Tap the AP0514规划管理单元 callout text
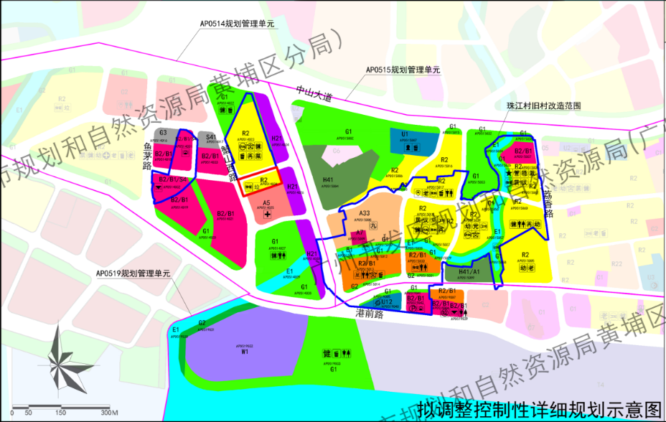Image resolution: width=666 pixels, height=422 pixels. [x=238, y=24]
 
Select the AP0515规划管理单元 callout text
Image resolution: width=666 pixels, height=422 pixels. [x=403, y=70]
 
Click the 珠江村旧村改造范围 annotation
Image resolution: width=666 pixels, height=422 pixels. [x=543, y=105]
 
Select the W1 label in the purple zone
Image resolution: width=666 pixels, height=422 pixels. [x=245, y=352]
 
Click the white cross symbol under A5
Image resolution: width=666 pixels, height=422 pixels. [x=266, y=214]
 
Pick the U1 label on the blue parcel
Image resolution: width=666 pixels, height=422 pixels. [x=405, y=134]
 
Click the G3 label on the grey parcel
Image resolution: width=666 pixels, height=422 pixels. [x=163, y=133]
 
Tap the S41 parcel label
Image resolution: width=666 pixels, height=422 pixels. [x=210, y=136]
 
